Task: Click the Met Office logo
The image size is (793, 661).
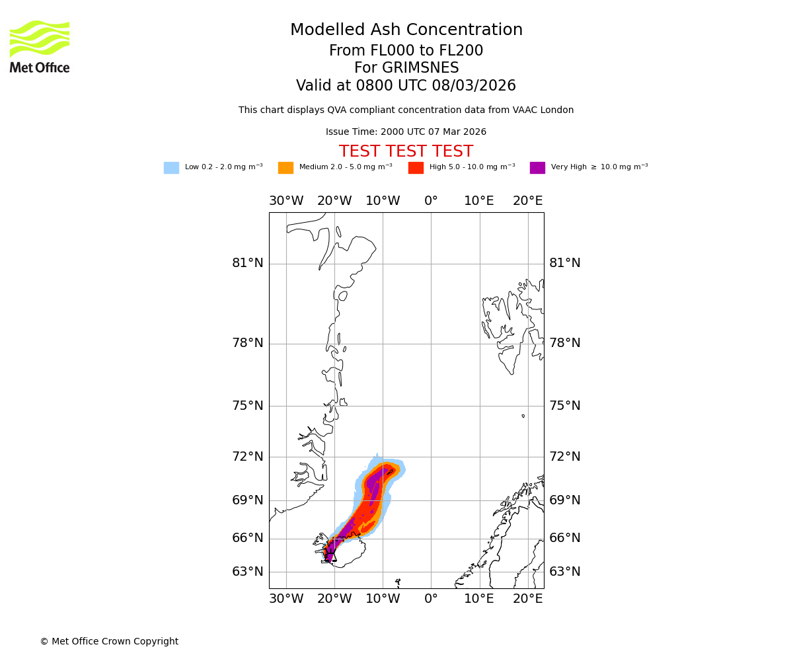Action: pyautogui.click(x=40, y=46)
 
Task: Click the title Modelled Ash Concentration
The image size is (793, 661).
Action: pyautogui.click(x=406, y=30)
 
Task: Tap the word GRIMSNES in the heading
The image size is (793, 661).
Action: pyautogui.click(x=406, y=68)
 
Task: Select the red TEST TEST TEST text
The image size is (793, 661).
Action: pyautogui.click(x=406, y=152)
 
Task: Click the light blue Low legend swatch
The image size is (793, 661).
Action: pyautogui.click(x=171, y=168)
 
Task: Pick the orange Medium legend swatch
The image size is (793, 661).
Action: pyautogui.click(x=285, y=168)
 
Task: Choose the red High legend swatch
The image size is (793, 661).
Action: pyautogui.click(x=416, y=168)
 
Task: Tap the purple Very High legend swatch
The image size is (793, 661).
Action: pyautogui.click(x=537, y=168)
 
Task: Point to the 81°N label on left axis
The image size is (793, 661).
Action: pyautogui.click(x=248, y=263)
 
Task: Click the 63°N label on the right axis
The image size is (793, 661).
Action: pyautogui.click(x=565, y=572)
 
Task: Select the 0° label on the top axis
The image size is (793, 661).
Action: pyautogui.click(x=431, y=201)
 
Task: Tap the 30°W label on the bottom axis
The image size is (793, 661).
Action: pyautogui.click(x=286, y=599)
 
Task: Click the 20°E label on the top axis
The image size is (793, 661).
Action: pyautogui.click(x=528, y=201)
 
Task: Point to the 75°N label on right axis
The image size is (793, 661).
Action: pyautogui.click(x=565, y=406)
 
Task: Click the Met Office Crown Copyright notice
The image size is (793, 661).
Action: pyautogui.click(x=109, y=642)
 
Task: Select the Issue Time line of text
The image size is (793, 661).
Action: pyautogui.click(x=406, y=132)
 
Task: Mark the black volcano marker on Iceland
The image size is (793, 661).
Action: pyautogui.click(x=330, y=553)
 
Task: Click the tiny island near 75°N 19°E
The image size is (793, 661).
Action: pyautogui.click(x=523, y=416)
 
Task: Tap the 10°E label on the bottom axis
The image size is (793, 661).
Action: pyautogui.click(x=479, y=599)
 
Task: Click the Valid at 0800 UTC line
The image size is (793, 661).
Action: pyautogui.click(x=406, y=86)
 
